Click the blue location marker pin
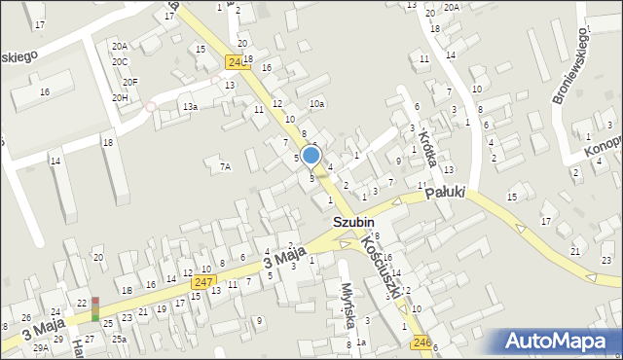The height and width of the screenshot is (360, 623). tap(311, 156)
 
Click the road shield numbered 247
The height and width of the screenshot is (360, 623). tap(202, 282)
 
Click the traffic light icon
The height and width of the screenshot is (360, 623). tap(95, 308)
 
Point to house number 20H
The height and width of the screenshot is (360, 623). tap(120, 97)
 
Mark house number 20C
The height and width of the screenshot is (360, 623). tap(119, 61)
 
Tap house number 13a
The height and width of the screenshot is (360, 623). tap(189, 107)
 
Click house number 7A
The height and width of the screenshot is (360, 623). tap(225, 167)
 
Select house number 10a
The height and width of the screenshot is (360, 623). tap(316, 103)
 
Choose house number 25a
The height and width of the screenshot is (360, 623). tap(119, 339)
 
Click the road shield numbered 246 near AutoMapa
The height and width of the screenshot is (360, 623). tap(421, 342)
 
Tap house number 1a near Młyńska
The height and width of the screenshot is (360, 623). tap(360, 342)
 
